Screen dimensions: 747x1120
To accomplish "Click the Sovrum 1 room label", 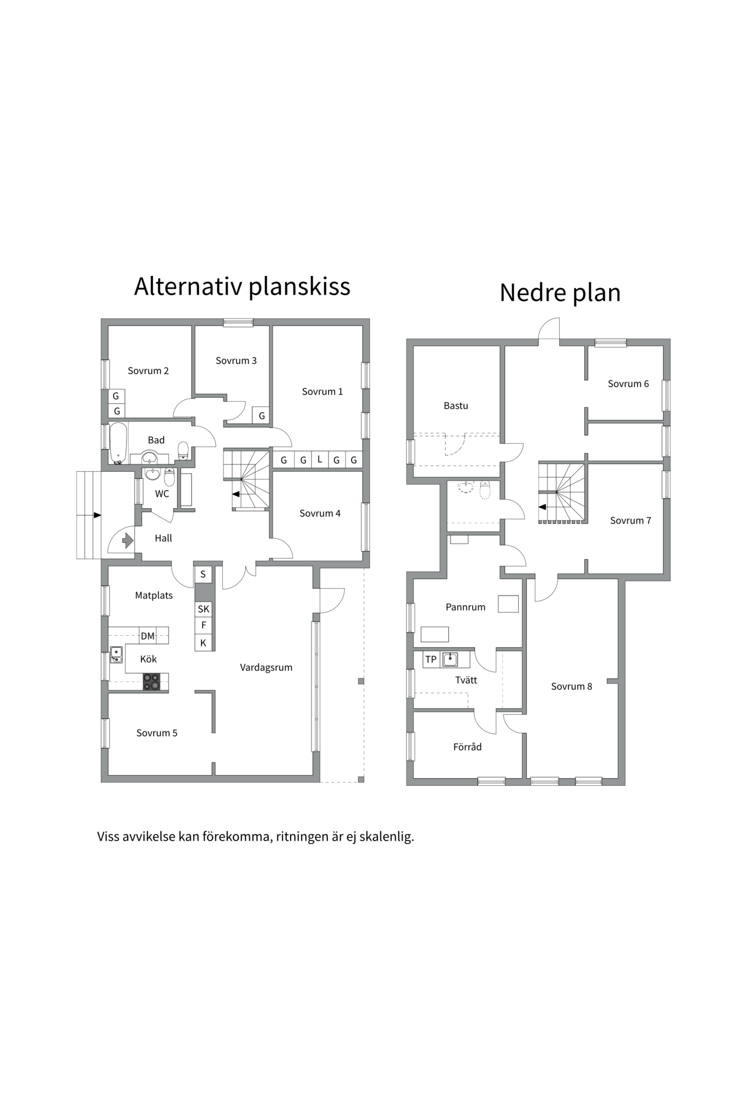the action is point(322,391).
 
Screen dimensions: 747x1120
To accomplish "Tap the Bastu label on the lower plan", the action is point(456,405).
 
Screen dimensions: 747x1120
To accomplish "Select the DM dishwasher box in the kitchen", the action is point(148,636).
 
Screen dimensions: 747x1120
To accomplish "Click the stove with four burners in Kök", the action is point(152,681).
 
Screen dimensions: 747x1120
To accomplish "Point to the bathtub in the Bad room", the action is point(118,443).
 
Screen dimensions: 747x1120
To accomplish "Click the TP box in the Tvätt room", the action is point(431,660).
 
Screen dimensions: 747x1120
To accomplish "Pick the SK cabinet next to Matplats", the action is point(203,609).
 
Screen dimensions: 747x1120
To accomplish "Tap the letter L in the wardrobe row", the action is point(320,459).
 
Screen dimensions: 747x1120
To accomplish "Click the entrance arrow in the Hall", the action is point(128,541).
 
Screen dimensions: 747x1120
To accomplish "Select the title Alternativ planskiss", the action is point(242,286).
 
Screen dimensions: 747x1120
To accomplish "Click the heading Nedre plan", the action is point(560,292).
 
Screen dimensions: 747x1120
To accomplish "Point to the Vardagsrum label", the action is point(266,667).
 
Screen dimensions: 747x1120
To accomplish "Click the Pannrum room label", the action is point(465,607).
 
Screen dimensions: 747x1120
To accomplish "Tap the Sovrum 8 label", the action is point(571,687).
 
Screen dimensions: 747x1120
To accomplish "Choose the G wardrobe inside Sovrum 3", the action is point(261,415).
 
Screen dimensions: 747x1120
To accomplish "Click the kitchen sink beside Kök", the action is point(117,655).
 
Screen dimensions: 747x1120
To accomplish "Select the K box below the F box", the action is point(203,643).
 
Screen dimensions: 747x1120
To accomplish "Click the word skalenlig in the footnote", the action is point(386,836).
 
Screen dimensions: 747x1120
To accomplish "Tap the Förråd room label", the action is point(467,747).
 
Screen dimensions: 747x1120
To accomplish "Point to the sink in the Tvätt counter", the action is point(450,660).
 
